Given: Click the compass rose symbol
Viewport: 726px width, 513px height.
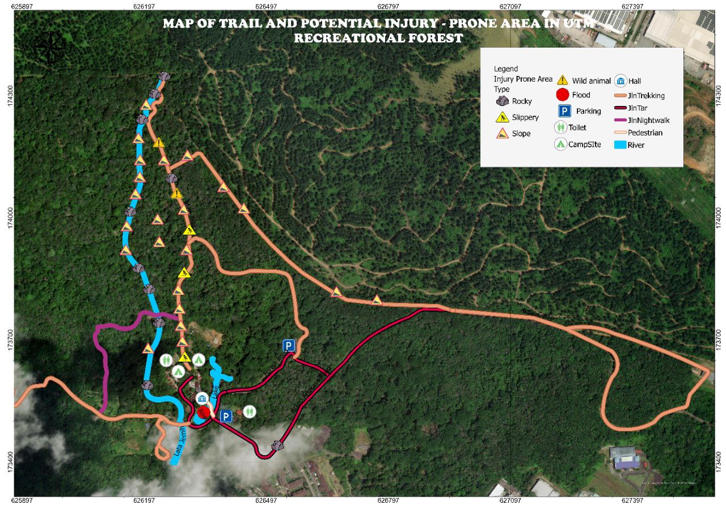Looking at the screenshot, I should [x=50, y=48].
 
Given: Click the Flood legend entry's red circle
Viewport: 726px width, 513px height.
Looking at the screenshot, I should [x=562, y=95].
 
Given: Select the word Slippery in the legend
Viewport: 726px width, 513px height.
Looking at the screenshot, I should [x=525, y=117].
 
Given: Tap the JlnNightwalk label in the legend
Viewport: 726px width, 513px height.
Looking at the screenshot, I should [x=648, y=120].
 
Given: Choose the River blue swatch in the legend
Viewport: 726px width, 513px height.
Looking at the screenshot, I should [x=620, y=145].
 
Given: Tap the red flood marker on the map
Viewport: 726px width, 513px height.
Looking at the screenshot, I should [x=203, y=412].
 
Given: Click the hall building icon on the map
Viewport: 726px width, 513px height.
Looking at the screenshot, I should [x=202, y=397].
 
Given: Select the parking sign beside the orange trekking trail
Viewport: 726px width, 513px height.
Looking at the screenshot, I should [x=289, y=345].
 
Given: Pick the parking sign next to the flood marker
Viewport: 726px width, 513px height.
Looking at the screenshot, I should [x=226, y=417].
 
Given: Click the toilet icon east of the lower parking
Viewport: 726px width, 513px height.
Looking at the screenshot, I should [x=250, y=412].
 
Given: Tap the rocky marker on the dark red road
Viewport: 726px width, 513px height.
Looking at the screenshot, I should [x=277, y=446].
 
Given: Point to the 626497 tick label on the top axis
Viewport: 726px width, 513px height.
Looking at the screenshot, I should [x=266, y=7].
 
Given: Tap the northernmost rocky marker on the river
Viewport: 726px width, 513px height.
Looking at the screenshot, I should [x=164, y=77].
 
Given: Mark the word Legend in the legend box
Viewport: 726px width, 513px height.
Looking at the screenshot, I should [x=505, y=69].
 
